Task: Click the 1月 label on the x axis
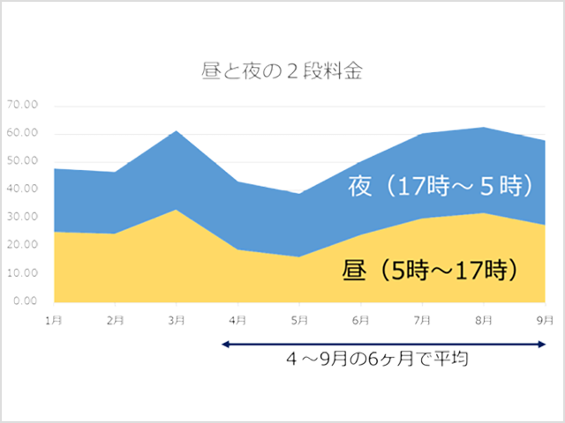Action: [x=54, y=318]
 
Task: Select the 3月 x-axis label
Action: [x=177, y=318]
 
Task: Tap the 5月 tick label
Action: [x=299, y=318]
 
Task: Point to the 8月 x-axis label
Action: [x=485, y=318]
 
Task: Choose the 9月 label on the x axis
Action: [x=546, y=318]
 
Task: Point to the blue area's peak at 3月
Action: [x=177, y=131]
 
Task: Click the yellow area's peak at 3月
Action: [x=177, y=210]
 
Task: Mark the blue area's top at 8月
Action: [x=485, y=128]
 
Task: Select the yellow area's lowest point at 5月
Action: [x=299, y=256]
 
